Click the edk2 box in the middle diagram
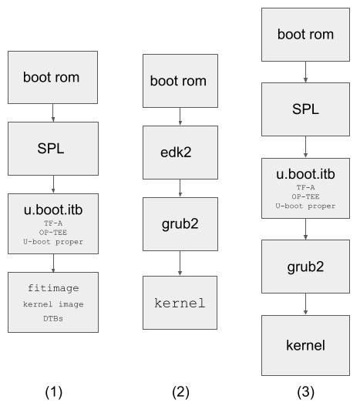[180, 153]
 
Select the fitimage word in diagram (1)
[53, 288]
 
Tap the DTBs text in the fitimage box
[53, 318]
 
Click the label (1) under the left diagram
[54, 392]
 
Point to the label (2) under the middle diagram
[180, 392]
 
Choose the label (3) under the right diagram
[305, 392]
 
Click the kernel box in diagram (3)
[305, 345]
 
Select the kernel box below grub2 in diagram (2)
[180, 303]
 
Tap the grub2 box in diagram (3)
[305, 267]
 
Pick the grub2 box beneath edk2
[180, 224]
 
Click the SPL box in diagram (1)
[53, 149]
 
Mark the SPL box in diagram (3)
[305, 109]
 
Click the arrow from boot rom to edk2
[180, 116]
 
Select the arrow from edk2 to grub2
[180, 188]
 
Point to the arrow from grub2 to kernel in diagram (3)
[305, 304]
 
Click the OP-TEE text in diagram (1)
[53, 233]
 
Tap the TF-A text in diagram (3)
[305, 187]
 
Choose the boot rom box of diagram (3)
[305, 35]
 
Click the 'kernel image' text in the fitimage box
[53, 304]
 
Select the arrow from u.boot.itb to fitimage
[53, 263]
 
